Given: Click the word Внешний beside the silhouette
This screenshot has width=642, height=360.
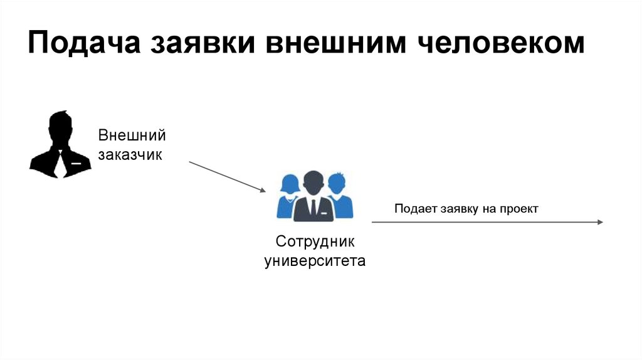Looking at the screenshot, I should coord(131,135).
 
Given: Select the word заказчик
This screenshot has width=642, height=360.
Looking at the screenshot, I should coord(130,154).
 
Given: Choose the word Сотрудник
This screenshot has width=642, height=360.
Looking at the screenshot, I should coord(315,241).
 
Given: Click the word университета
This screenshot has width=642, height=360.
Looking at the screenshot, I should coord(315,260).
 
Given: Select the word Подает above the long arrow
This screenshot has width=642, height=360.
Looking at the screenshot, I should coord(413,209).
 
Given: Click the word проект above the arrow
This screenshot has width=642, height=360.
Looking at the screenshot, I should coord(518,209).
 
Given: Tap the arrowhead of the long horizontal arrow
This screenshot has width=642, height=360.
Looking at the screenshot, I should coord(599,222).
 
